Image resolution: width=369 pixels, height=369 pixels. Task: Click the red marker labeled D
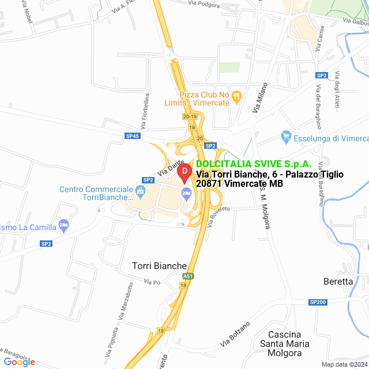pyautogui.click(x=184, y=172)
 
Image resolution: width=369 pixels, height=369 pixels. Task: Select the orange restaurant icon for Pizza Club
pyautogui.click(x=235, y=101)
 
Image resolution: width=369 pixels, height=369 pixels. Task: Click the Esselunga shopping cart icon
pyautogui.click(x=285, y=137)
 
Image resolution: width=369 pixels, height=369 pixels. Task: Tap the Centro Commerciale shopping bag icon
pyautogui.click(x=140, y=189)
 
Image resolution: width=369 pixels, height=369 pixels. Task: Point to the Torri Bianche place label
pyautogui.click(x=159, y=266)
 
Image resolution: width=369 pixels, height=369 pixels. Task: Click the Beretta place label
pyautogui.click(x=338, y=281)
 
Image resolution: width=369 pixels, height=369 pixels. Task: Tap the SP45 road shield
pyautogui.click(x=132, y=136)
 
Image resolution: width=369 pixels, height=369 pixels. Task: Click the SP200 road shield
pyautogui.click(x=318, y=302)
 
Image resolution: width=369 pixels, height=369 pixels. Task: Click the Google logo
pyautogui.click(x=19, y=362)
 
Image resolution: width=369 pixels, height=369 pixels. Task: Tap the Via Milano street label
pyautogui.click(x=257, y=100)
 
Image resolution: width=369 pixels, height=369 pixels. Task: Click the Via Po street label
pyautogui.click(x=152, y=283)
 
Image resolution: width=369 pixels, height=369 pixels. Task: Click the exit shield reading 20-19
pyautogui.click(x=190, y=116)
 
